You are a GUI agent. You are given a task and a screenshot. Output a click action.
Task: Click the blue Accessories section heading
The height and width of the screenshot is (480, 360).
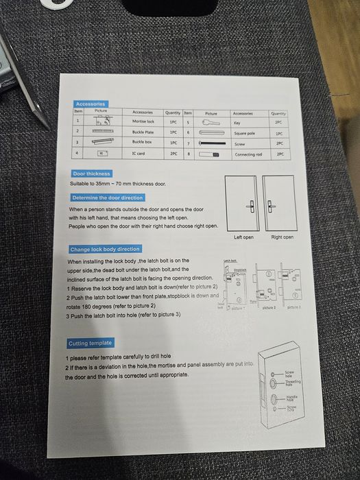pos(90,104)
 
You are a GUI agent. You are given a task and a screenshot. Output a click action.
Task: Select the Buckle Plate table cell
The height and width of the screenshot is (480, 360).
pos(143,132)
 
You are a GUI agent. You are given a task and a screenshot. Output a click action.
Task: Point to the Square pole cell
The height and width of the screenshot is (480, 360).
pos(244,133)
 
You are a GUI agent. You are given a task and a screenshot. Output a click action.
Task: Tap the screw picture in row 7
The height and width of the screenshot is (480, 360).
pos(211,144)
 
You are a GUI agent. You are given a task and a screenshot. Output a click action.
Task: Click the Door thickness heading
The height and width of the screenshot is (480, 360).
pos(92,173)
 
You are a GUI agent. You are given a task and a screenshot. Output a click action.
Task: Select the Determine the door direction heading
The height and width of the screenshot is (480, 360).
pos(108,197)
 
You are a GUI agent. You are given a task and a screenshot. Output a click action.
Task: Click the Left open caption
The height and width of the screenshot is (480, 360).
pos(243,237)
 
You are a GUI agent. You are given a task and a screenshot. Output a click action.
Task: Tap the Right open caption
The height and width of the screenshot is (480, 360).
pos(282,237)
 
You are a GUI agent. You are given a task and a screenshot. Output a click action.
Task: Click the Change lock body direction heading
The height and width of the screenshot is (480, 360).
pos(105,249)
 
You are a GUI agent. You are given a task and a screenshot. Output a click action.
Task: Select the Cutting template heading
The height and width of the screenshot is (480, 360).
pos(90,343)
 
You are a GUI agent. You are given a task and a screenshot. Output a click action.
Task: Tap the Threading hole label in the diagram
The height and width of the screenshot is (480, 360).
pos(293,383)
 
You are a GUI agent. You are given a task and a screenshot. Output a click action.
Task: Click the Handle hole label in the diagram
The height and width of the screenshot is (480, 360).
pos(292,398)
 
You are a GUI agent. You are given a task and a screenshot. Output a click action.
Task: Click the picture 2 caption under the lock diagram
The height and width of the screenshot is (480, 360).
pos(269,308)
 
